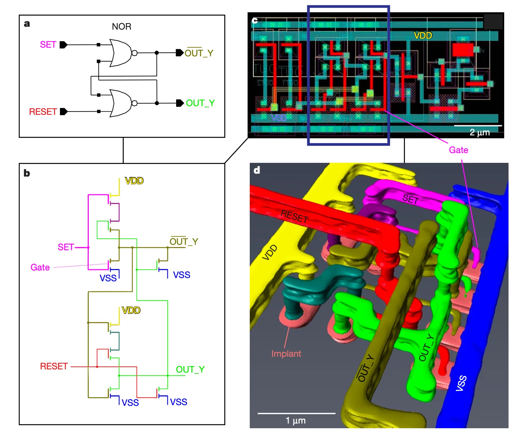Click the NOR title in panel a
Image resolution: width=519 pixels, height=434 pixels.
[122, 26]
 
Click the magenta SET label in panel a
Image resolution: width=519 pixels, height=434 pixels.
[48, 44]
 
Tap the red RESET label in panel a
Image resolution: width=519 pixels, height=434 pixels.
[43, 112]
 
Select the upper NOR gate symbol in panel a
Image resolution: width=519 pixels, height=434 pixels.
[121, 53]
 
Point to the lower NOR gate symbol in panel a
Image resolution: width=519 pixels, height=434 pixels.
[121, 103]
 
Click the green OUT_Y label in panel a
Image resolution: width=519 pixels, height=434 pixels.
[200, 103]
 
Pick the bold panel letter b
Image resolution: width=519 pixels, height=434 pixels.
[27, 173]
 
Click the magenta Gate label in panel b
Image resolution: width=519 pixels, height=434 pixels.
[40, 268]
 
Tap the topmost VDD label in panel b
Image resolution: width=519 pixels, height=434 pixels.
[134, 181]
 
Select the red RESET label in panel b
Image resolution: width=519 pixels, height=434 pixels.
[54, 366]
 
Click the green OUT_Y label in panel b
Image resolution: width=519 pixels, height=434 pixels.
[190, 369]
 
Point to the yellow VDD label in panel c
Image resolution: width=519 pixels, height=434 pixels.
[423, 35]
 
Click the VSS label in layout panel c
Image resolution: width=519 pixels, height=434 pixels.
[279, 118]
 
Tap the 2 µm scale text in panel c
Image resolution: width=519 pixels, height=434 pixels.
[480, 133]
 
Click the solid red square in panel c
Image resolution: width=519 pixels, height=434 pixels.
[462, 49]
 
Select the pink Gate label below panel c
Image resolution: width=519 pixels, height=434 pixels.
[458, 150]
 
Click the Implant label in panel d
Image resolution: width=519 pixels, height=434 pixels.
[286, 353]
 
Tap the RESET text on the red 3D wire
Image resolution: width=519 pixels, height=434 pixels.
[295, 217]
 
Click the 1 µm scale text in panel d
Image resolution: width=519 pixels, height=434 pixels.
[296, 421]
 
